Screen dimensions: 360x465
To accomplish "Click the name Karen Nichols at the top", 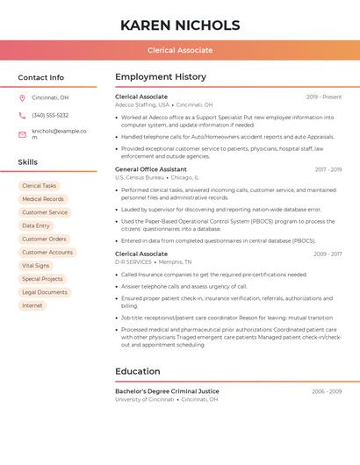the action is click(x=180, y=25).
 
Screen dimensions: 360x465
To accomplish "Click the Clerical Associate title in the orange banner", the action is click(x=180, y=50).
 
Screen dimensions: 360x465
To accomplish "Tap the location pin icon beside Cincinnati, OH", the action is click(x=22, y=97).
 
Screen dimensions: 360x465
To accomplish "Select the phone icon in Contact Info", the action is click(x=22, y=115).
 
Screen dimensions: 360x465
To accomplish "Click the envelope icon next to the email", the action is click(x=22, y=133).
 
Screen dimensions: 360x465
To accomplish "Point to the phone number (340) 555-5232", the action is click(x=50, y=115).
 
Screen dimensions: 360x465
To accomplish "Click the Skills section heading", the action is click(x=28, y=162).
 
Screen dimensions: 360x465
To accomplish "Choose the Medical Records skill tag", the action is click(x=42, y=199).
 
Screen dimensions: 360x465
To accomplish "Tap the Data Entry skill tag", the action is click(x=36, y=225).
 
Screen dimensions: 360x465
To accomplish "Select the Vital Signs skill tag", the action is click(x=36, y=265).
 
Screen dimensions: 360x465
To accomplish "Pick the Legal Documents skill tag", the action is click(x=45, y=292).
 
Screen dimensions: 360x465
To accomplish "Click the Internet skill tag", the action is click(x=32, y=305).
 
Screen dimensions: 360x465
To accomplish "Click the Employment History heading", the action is click(x=161, y=77).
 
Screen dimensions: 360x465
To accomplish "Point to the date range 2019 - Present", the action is click(x=324, y=97).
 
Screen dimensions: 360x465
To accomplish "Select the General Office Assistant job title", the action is click(x=151, y=169).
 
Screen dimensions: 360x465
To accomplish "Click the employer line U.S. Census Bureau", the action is click(x=140, y=177).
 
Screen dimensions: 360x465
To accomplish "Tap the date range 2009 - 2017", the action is click(x=328, y=254).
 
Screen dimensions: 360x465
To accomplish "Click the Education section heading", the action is click(x=138, y=371).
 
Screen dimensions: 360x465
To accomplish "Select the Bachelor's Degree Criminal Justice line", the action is click(x=168, y=391).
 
